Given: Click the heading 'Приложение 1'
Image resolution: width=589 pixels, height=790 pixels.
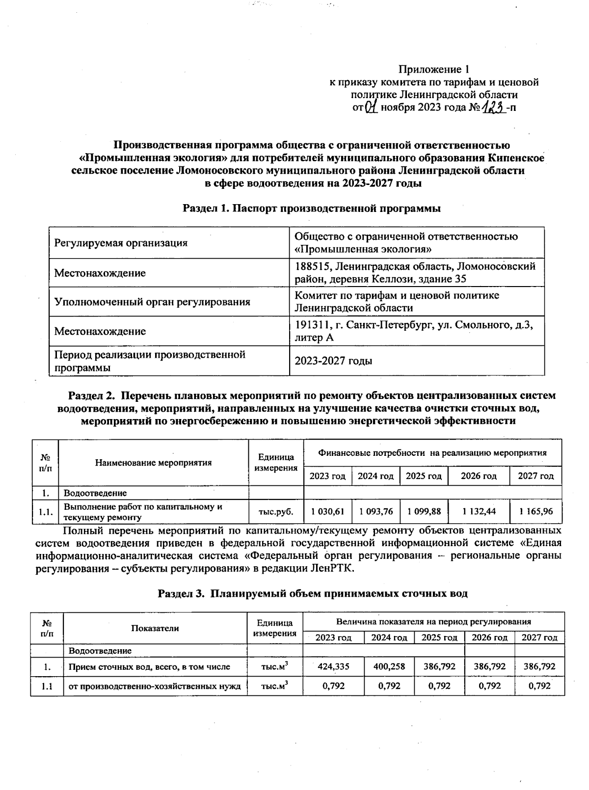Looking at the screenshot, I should (x=434, y=69).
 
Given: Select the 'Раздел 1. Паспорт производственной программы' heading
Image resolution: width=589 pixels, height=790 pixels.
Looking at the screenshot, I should (x=312, y=208).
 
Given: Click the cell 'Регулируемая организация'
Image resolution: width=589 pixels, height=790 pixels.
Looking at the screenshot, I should (x=121, y=243).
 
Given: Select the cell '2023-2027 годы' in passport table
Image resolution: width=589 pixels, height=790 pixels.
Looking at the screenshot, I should (x=333, y=361).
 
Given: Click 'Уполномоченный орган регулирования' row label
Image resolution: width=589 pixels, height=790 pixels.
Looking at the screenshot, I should (x=152, y=302).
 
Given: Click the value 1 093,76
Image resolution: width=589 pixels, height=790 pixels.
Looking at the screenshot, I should (x=375, y=511).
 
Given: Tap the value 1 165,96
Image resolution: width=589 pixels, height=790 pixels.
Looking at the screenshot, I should (x=536, y=511).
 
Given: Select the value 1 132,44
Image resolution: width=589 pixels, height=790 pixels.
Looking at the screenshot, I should (x=479, y=511).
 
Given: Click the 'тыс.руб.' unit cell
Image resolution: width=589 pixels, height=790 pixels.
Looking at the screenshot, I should (x=276, y=512).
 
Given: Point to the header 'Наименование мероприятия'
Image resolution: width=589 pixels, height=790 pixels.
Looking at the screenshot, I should (x=153, y=463).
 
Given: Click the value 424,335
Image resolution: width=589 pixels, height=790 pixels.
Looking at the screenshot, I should (x=333, y=667).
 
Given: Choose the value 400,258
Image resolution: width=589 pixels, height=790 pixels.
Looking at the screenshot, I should (x=389, y=667).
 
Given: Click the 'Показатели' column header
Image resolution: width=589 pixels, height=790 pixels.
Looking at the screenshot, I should (x=155, y=629).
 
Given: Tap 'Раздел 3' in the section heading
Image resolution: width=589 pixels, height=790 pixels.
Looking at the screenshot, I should (x=180, y=593).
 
